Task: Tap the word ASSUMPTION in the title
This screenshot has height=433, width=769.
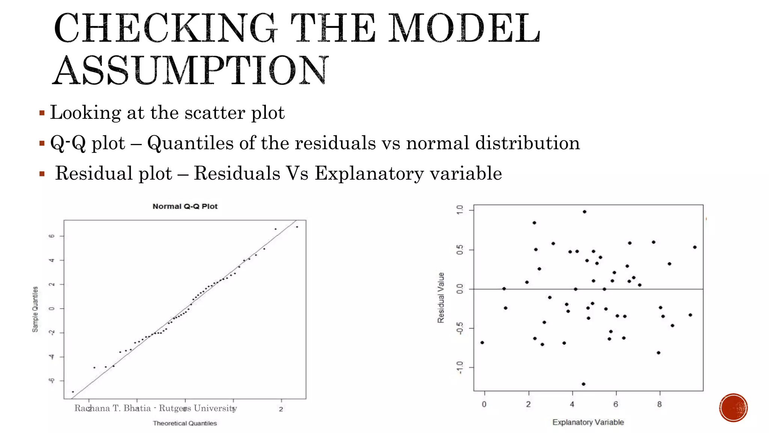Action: coord(190,71)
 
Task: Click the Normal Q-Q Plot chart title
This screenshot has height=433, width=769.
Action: coord(185,206)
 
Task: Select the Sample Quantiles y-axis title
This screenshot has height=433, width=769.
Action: coord(35,309)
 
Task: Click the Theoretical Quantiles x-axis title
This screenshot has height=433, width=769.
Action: coord(185,423)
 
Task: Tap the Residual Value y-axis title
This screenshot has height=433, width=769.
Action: coord(441,297)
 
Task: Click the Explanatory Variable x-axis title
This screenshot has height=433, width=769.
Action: coord(588,422)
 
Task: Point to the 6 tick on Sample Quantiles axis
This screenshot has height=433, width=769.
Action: coord(52,236)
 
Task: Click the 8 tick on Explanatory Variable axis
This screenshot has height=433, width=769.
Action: coord(659,404)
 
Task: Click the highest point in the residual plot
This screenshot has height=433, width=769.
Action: coord(585,212)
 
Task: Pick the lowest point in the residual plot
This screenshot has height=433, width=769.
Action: coord(584,384)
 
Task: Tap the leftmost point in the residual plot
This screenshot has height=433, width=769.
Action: coord(482,342)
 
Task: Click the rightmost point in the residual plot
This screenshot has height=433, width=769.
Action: coord(695,247)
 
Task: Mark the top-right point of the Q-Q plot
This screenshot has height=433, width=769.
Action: coord(297,227)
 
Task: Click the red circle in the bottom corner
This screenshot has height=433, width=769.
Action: coord(733,408)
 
